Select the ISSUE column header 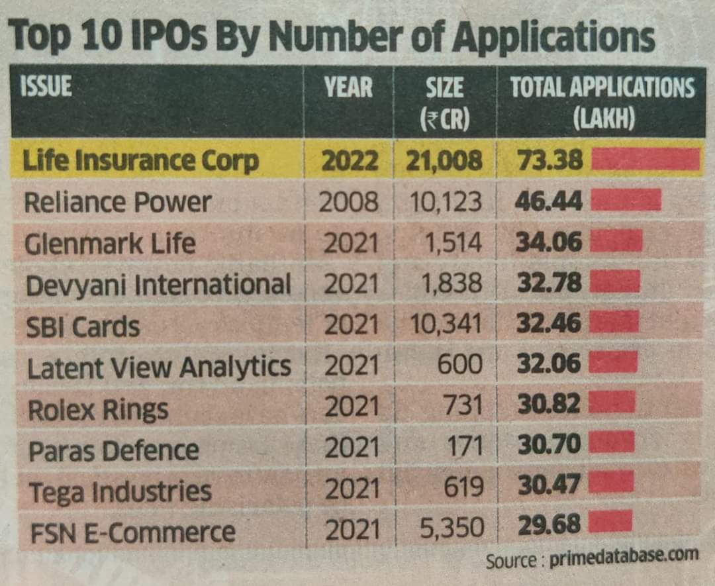[x=47, y=87]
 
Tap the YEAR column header [x=348, y=87]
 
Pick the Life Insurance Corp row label [x=140, y=161]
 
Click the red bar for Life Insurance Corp [x=645, y=160]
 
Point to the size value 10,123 [x=445, y=202]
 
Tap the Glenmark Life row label [x=110, y=244]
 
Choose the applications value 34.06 [x=548, y=242]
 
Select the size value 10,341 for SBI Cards [x=445, y=324]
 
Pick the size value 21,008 [x=444, y=161]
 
